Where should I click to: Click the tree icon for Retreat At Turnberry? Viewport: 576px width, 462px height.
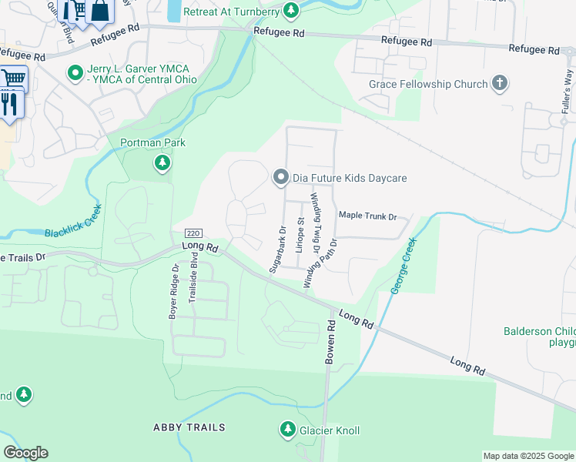(x=291, y=10)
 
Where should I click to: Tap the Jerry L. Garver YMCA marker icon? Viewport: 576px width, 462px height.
(x=75, y=73)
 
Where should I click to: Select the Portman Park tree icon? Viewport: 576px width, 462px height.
(x=162, y=162)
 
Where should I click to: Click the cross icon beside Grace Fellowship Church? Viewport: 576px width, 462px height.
(x=500, y=84)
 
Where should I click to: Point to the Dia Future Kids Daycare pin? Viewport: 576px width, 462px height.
(x=281, y=178)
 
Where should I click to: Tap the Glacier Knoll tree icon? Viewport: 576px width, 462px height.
(x=288, y=429)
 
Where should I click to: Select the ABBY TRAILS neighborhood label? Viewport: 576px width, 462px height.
(x=189, y=427)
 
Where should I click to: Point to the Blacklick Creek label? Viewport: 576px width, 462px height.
(x=72, y=221)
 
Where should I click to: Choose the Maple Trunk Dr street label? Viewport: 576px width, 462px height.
(x=367, y=216)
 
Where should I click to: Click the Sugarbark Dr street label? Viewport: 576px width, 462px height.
(x=278, y=249)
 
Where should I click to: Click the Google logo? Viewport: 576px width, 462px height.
(x=25, y=452)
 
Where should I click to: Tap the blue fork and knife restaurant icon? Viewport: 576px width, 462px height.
(x=9, y=103)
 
